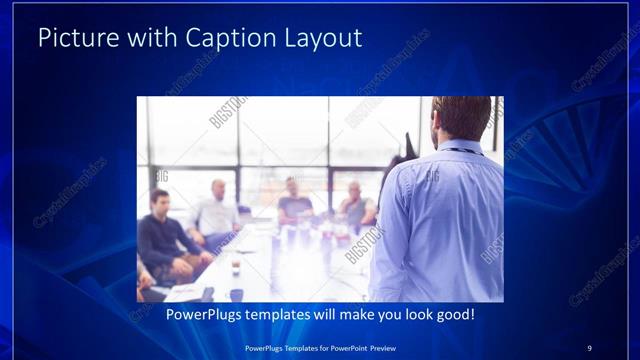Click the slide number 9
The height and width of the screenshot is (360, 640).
click(x=589, y=348)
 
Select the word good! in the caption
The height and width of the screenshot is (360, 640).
click(x=453, y=315)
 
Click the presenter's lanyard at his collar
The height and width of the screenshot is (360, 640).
click(x=460, y=149)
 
